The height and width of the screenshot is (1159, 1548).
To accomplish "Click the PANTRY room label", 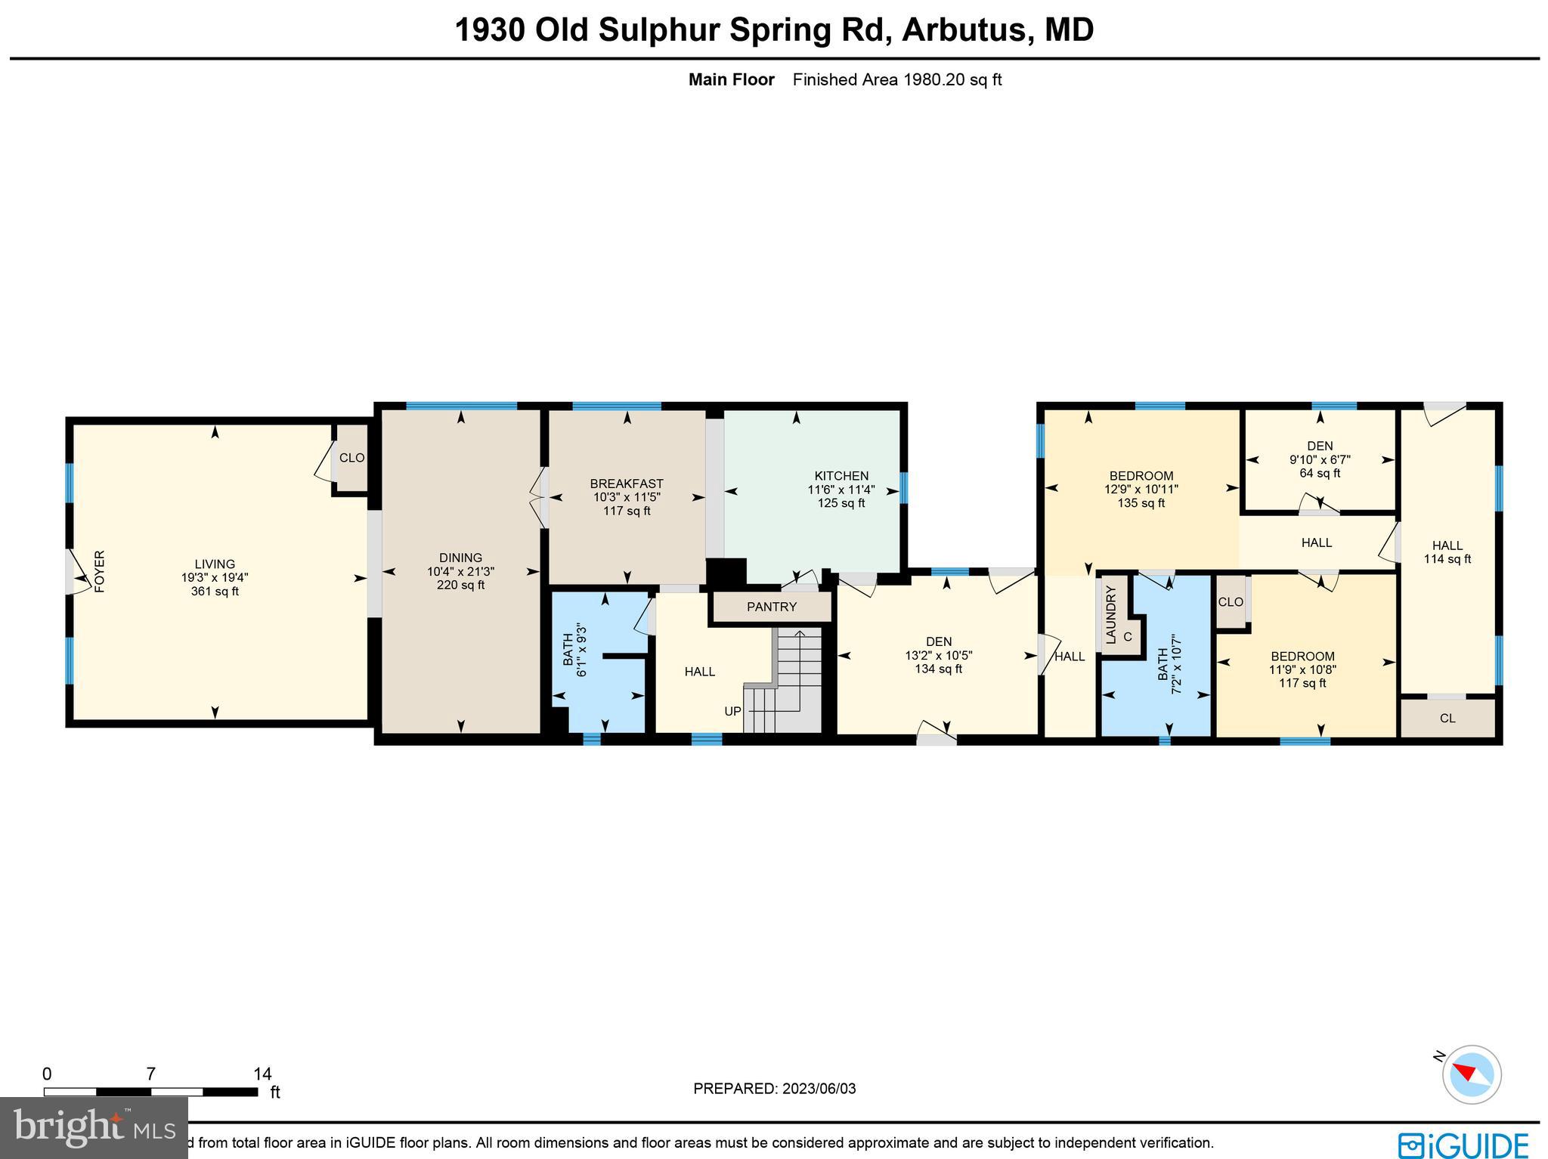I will pos(772,607).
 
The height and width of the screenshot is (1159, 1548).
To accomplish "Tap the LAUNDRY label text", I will pos(1110,614).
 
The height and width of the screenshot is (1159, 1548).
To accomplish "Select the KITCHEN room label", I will pos(841,476).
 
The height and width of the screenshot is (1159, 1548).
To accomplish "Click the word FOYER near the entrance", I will pos(99,571).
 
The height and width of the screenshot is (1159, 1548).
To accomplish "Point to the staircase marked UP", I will pos(786,680).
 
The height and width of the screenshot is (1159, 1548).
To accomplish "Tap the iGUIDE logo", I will pos(1463,1144).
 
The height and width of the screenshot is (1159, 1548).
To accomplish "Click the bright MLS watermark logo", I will pos(94,1128).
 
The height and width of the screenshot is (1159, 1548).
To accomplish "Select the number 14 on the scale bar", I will pos(262,1074).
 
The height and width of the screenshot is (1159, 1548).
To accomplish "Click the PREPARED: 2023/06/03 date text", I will pos(774,1089).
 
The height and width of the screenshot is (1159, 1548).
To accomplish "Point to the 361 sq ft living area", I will pos(215,592).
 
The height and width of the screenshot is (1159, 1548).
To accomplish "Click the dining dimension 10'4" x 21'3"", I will pos(460,572).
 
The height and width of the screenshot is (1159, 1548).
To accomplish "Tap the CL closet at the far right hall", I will pos(1447,719).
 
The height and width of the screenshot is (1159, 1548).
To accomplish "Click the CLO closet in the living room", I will pos(351,458).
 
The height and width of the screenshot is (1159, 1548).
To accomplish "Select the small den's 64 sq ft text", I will pos(1320,474).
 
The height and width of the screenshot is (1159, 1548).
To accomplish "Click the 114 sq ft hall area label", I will pos(1447,559).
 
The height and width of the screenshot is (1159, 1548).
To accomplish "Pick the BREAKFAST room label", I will pos(627,484).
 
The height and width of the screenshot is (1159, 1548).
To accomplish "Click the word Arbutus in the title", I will pos(964,30).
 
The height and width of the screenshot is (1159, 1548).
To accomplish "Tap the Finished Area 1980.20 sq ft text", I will pos(896,80).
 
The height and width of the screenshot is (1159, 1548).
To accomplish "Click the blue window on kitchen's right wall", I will pos(903,487).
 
